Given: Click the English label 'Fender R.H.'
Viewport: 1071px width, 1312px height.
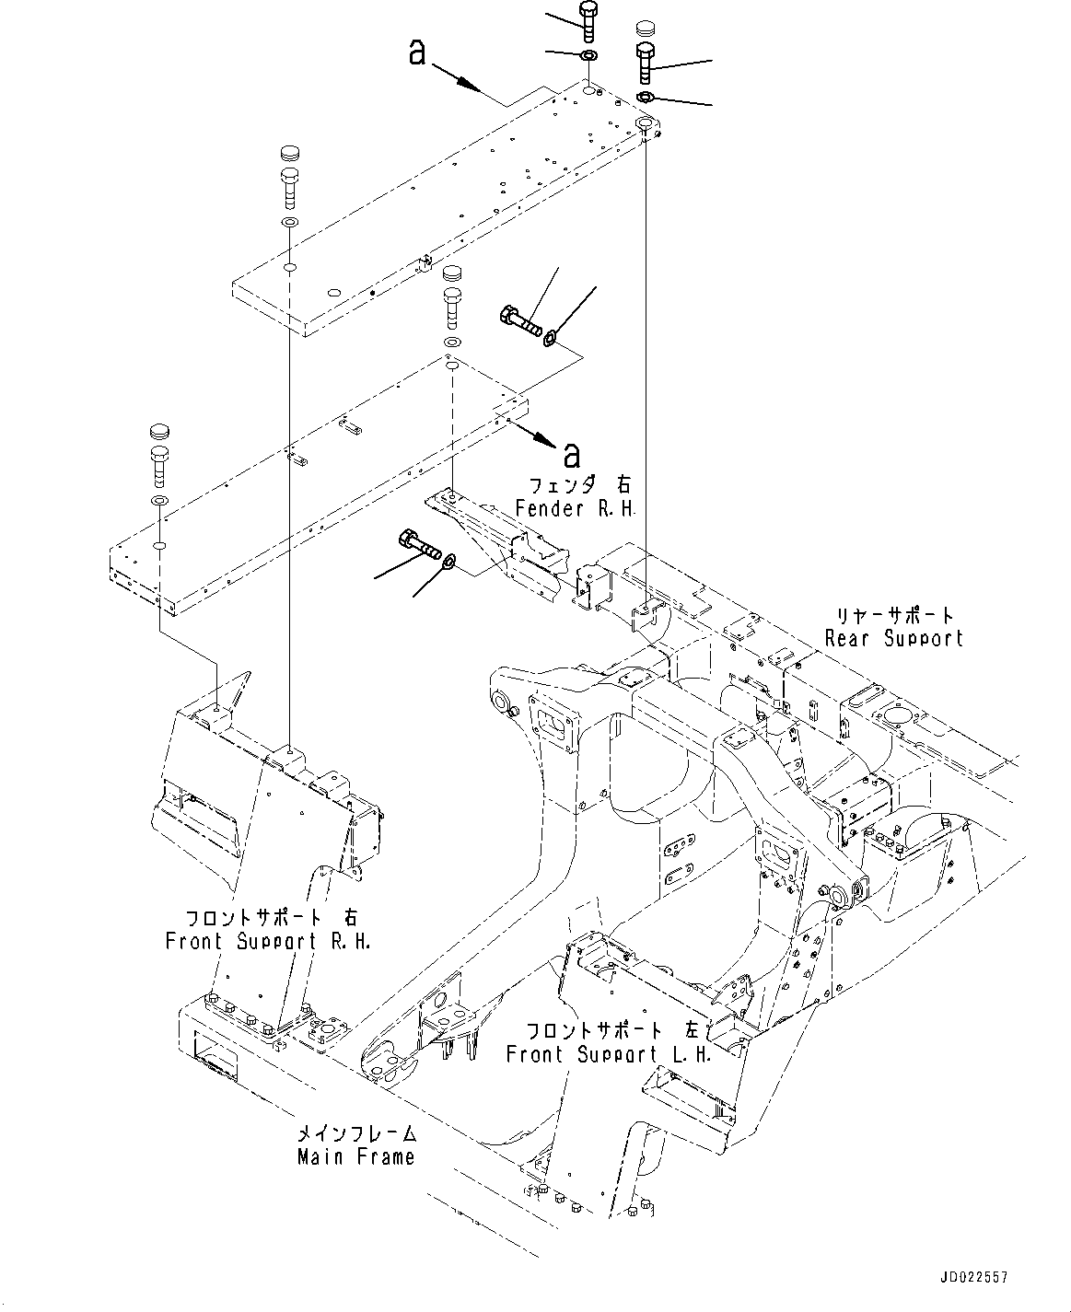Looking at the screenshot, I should [576, 508].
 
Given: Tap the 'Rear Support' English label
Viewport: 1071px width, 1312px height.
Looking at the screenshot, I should [893, 638].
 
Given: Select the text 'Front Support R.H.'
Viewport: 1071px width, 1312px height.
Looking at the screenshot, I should [268, 942].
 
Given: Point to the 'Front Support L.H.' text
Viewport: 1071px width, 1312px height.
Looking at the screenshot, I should [609, 1055].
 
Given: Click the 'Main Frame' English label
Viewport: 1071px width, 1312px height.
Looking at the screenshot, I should [355, 1157].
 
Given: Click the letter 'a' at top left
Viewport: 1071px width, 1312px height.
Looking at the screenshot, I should [418, 53].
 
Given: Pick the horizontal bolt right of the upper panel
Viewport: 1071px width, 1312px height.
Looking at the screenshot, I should [520, 322].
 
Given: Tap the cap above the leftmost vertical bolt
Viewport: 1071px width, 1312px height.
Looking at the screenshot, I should [158, 431].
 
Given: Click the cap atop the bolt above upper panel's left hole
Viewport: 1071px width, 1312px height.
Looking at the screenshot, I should [289, 152].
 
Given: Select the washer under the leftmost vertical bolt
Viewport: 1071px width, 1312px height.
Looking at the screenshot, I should [158, 500].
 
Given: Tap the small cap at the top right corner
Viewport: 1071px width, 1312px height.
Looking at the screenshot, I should [646, 28].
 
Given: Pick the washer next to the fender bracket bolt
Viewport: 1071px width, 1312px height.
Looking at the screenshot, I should [449, 562].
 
